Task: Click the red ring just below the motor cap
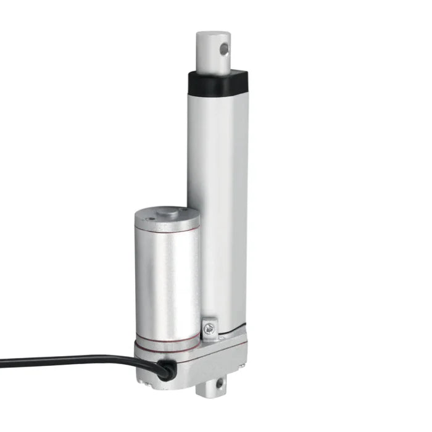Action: coord(167,232)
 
